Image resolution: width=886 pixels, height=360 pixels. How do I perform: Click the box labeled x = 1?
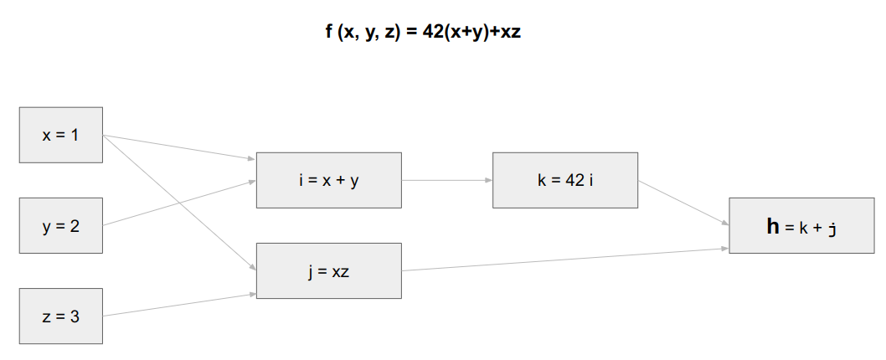61,134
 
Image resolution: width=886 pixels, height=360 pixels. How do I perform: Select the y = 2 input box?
61,225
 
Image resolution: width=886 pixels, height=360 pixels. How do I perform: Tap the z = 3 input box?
61,316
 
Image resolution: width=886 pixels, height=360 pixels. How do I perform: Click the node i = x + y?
328,180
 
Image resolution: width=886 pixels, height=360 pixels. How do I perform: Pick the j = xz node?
328,270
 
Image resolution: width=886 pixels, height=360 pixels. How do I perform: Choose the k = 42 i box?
565,180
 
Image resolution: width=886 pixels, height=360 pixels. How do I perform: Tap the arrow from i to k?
446,180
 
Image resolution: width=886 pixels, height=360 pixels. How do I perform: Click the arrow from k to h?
683,203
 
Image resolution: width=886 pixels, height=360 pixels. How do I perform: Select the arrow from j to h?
565,260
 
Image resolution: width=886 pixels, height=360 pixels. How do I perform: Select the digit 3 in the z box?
75,316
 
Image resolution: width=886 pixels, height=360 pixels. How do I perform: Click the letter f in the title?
329,33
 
